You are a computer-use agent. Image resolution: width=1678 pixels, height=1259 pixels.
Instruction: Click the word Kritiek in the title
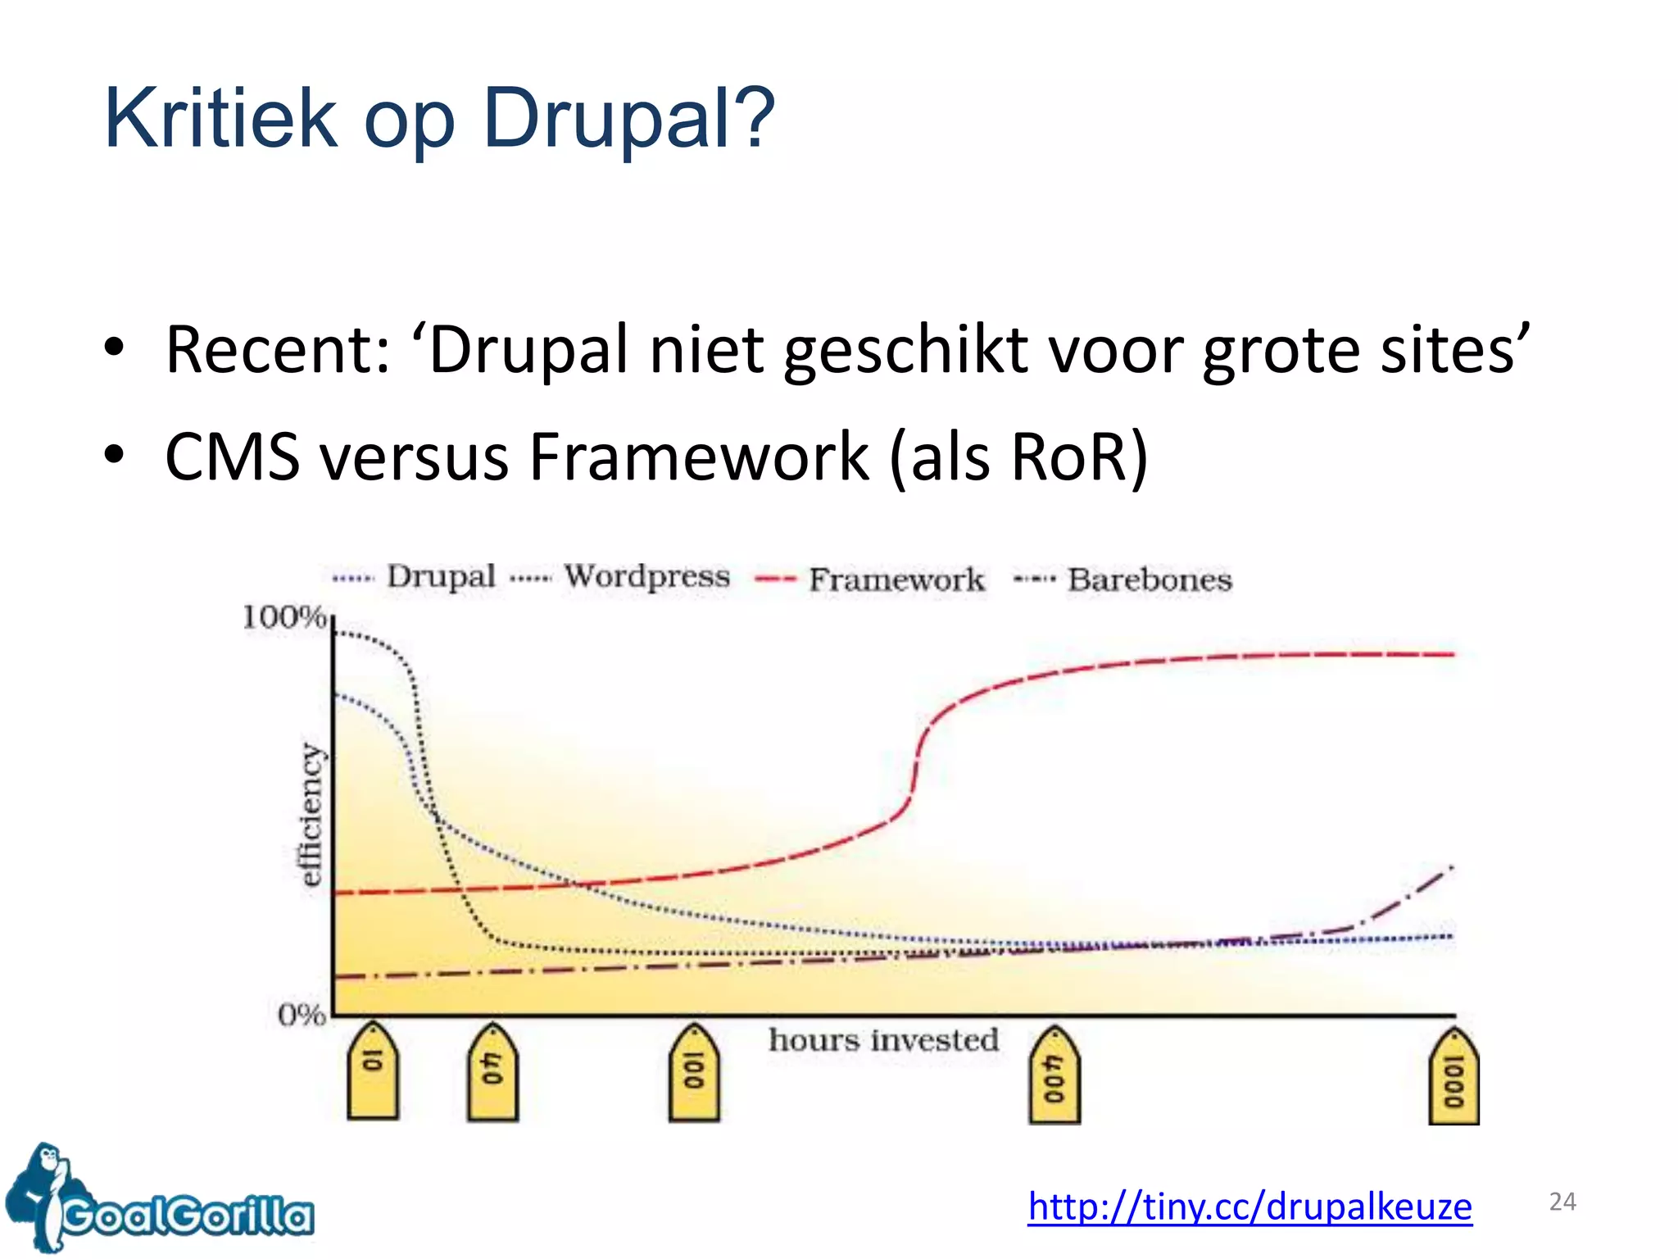pos(220,120)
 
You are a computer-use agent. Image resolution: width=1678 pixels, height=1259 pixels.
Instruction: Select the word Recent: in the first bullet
pos(278,350)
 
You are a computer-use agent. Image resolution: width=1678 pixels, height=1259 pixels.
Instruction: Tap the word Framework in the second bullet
pos(699,457)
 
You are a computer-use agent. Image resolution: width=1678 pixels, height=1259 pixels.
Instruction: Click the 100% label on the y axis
pos(283,617)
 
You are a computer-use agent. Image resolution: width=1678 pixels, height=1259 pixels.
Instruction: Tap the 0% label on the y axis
pos(301,1015)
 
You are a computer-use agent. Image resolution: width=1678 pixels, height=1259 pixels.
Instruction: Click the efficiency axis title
pos(311,814)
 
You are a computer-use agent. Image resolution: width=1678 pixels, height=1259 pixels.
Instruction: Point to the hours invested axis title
pos(883,1040)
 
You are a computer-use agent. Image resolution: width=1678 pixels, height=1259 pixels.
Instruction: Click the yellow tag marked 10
pos(373,1072)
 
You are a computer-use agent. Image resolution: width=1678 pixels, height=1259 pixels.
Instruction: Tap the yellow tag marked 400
pos(1054,1075)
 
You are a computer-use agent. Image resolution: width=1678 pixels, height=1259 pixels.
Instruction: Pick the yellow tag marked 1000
pos(1454,1077)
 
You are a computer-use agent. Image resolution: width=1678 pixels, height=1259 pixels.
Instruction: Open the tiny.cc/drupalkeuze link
pos(1249,1206)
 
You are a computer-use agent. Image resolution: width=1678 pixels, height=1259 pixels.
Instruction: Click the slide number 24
pos(1562,1202)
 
